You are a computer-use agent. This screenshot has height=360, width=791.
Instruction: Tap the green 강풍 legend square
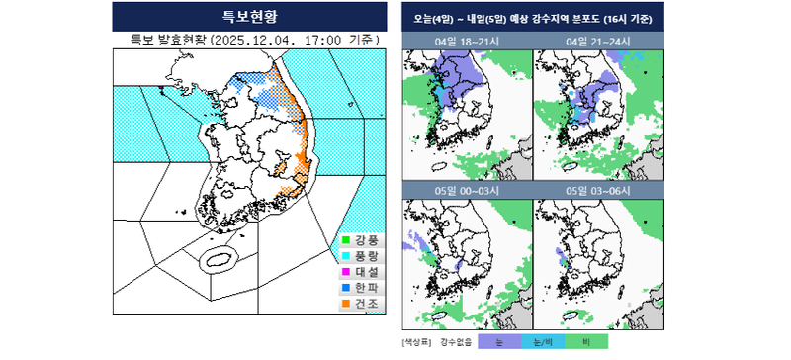coord(345,238)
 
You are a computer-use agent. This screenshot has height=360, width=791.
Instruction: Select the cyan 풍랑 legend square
coord(345,254)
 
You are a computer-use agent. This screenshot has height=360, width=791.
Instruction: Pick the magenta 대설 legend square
coord(345,270)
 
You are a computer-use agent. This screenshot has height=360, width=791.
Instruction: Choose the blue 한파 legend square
coord(345,287)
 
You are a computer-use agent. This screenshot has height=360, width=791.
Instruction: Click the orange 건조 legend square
coord(345,303)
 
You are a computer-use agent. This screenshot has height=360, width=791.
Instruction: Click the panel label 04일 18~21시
coord(467,42)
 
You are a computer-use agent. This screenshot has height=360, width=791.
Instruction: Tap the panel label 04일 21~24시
coord(597,42)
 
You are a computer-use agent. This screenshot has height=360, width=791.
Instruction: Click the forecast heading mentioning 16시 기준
coord(533,17)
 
